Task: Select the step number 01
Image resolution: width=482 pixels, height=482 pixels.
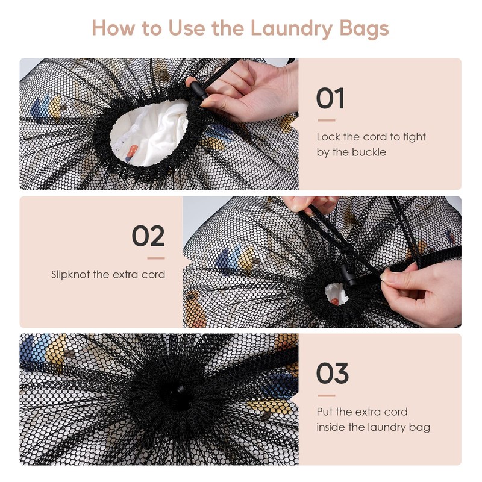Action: click(x=330, y=99)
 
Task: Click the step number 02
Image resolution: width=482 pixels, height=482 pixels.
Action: click(x=148, y=236)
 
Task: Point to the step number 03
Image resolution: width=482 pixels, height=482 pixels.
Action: click(x=333, y=374)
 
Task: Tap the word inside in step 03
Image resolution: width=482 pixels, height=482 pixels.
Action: click(x=331, y=427)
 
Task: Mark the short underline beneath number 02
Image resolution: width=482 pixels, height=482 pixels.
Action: click(x=156, y=258)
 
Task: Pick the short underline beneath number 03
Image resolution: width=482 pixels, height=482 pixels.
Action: click(x=325, y=396)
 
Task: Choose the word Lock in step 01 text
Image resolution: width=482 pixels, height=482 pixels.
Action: click(x=328, y=137)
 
